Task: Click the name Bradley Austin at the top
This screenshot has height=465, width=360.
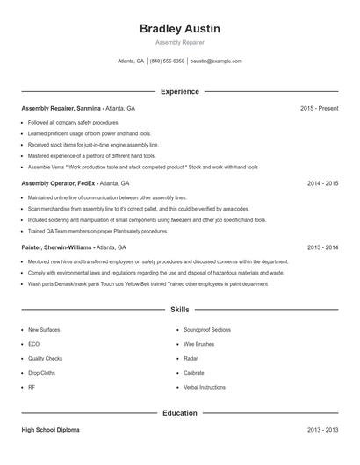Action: point(180,29)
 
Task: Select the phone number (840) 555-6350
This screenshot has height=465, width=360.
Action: point(167,61)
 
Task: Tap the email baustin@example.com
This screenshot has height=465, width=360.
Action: point(216,61)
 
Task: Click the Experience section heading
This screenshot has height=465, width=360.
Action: point(180,91)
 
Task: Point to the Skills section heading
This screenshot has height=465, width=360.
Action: point(180,310)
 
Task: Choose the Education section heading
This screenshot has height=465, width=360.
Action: point(180,412)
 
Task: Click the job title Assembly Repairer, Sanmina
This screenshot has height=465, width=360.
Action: point(61,108)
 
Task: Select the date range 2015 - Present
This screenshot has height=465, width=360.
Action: point(319,108)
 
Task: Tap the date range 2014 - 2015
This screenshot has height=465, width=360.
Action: point(322,184)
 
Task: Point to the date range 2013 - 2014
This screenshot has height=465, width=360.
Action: point(322,247)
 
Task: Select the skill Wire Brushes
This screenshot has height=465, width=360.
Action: point(198,344)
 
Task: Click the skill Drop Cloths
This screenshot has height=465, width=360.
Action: point(42,372)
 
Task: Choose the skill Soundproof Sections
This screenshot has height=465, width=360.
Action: point(207,329)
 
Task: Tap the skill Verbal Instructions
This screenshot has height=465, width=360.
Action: point(205,387)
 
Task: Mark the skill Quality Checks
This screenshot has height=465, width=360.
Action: point(45,358)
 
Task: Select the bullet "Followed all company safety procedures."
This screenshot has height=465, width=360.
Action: point(73,123)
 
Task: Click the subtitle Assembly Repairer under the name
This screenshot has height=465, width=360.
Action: point(180,43)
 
